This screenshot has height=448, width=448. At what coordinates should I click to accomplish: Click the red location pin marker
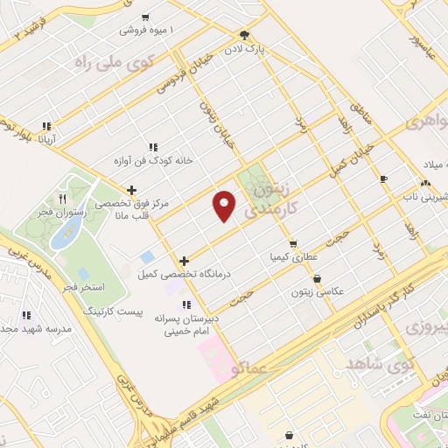click(x=224, y=206)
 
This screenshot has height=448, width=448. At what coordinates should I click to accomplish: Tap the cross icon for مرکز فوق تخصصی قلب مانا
click(x=132, y=189)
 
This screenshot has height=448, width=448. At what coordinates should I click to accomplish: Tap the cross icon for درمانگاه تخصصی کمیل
click(x=184, y=260)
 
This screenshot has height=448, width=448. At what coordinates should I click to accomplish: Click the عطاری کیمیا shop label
click(x=290, y=258)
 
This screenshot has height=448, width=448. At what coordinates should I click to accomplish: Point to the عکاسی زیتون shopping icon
click(x=316, y=279)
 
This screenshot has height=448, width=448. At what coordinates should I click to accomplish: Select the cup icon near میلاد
click(x=383, y=178)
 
